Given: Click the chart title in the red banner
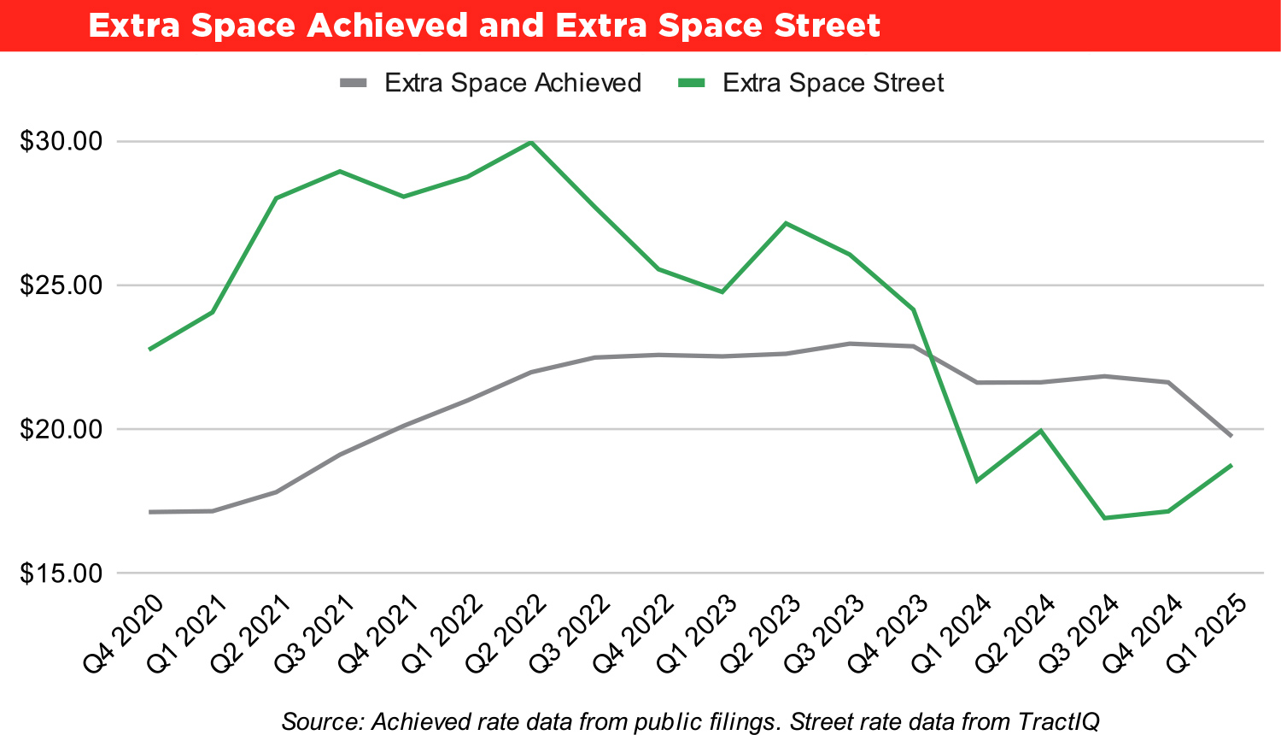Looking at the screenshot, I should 483,26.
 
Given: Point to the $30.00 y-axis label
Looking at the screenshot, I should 60,141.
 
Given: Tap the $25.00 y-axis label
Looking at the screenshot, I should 60,285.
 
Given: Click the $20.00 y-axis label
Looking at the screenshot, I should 60,428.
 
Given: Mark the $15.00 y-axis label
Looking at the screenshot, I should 60,573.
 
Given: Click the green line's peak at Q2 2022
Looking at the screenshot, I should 531,142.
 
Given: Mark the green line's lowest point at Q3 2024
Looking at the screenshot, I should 1104,518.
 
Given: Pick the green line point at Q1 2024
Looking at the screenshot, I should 977,481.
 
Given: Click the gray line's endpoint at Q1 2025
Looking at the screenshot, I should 1231,436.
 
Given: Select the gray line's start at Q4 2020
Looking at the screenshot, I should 149,512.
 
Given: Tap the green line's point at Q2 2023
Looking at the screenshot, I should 786,223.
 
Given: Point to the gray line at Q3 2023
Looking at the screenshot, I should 850,344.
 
